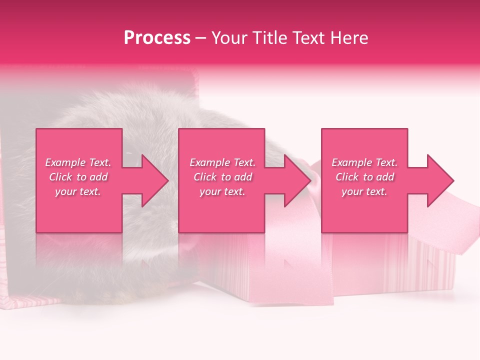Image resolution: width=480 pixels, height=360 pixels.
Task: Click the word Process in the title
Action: click(x=157, y=38)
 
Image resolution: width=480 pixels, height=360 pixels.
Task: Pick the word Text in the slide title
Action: click(x=310, y=38)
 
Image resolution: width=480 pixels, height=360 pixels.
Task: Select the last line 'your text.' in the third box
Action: click(x=364, y=191)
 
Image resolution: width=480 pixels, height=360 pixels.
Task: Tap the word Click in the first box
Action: click(x=59, y=177)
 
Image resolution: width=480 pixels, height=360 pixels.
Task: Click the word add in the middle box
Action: click(x=243, y=177)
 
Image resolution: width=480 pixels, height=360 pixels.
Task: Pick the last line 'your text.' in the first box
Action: click(x=78, y=191)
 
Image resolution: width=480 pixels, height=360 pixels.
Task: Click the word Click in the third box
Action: click(x=346, y=177)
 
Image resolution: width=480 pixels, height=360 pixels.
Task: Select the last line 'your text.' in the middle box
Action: click(x=222, y=191)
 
